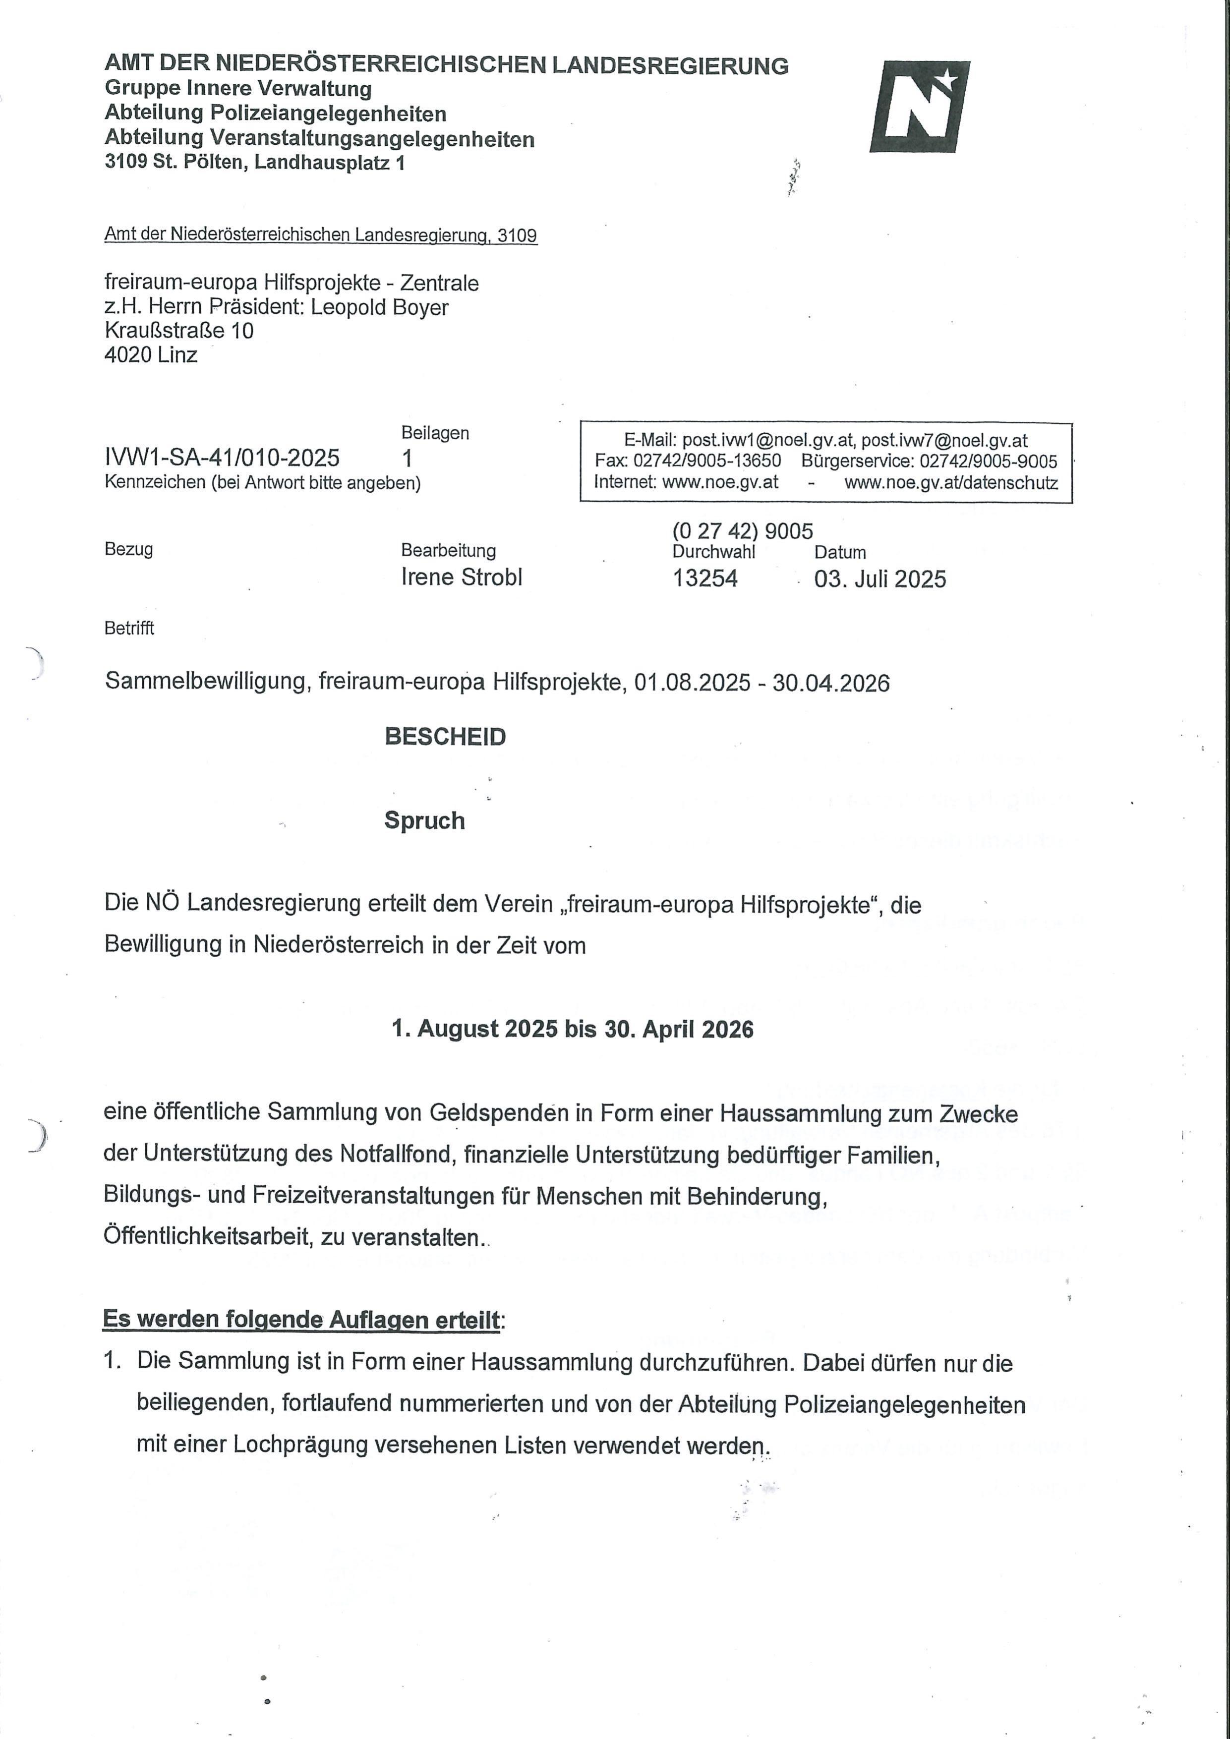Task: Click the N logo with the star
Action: point(920,107)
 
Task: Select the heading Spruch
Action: point(424,820)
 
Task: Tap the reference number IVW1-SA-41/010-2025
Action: point(222,458)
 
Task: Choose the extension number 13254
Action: point(704,578)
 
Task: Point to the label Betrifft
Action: point(129,628)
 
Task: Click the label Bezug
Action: point(129,549)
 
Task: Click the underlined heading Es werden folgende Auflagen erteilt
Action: point(301,1320)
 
